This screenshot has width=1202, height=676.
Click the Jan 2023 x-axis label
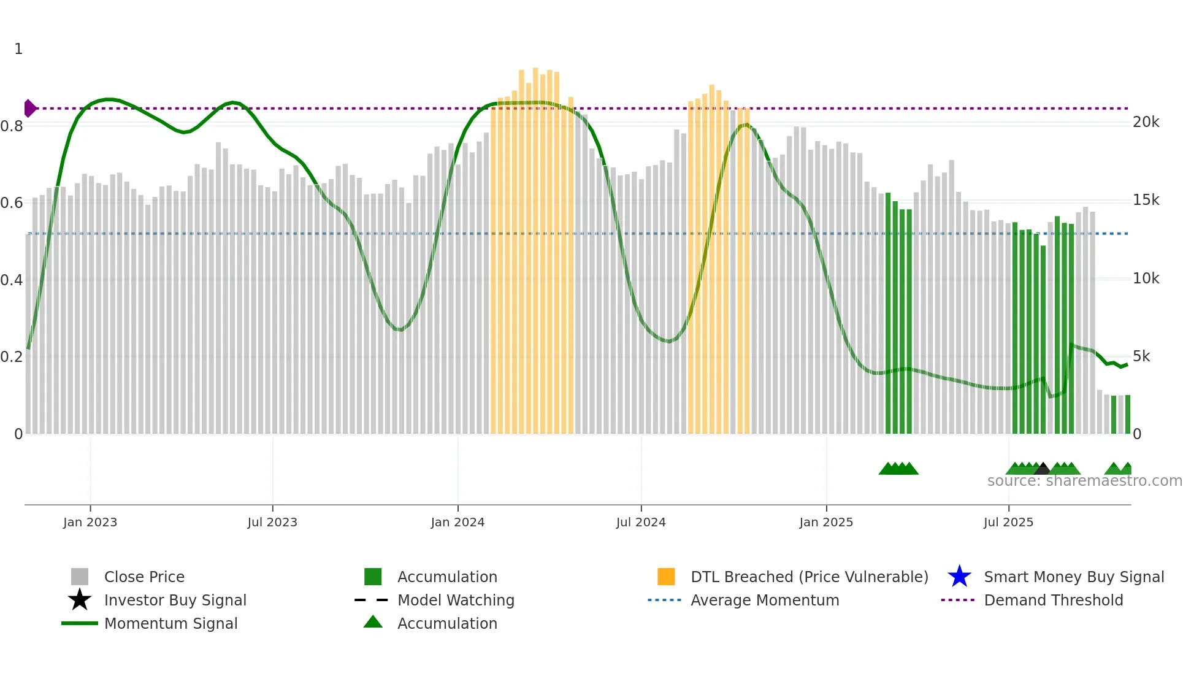[x=90, y=522]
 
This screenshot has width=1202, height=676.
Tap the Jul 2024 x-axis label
[x=641, y=522]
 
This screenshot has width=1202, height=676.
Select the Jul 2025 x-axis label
[x=1008, y=522]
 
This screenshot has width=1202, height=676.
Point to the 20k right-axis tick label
[x=1146, y=122]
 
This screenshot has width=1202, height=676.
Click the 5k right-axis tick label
[x=1141, y=356]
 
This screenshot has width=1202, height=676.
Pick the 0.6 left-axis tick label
[x=12, y=203]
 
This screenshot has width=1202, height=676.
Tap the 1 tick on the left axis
[x=18, y=49]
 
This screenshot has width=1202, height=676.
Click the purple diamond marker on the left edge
[x=29, y=109]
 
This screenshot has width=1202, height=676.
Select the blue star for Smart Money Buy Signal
[x=959, y=577]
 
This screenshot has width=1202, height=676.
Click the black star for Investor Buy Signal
[x=80, y=600]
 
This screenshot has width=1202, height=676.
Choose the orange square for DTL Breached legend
[x=666, y=577]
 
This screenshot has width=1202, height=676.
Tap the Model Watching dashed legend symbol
[x=372, y=600]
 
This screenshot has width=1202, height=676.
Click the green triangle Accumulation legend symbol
[x=373, y=622]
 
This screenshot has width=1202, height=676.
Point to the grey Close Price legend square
[x=80, y=577]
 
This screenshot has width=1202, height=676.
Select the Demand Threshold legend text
[x=1053, y=600]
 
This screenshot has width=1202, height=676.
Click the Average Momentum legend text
[x=764, y=600]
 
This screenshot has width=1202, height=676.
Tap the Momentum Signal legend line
[x=80, y=623]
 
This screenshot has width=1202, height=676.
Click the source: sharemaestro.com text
[x=1084, y=481]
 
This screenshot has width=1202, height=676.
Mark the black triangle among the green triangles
[x=1043, y=469]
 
